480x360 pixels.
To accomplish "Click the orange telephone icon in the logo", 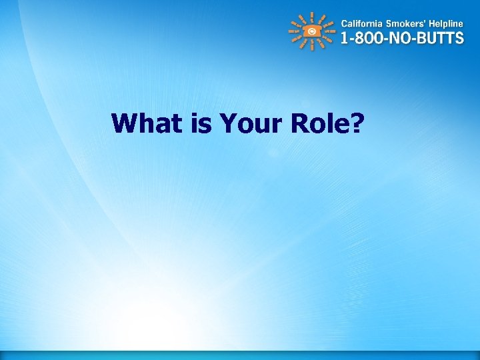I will [312, 31].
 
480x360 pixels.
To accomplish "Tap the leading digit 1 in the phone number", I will [345, 38].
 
